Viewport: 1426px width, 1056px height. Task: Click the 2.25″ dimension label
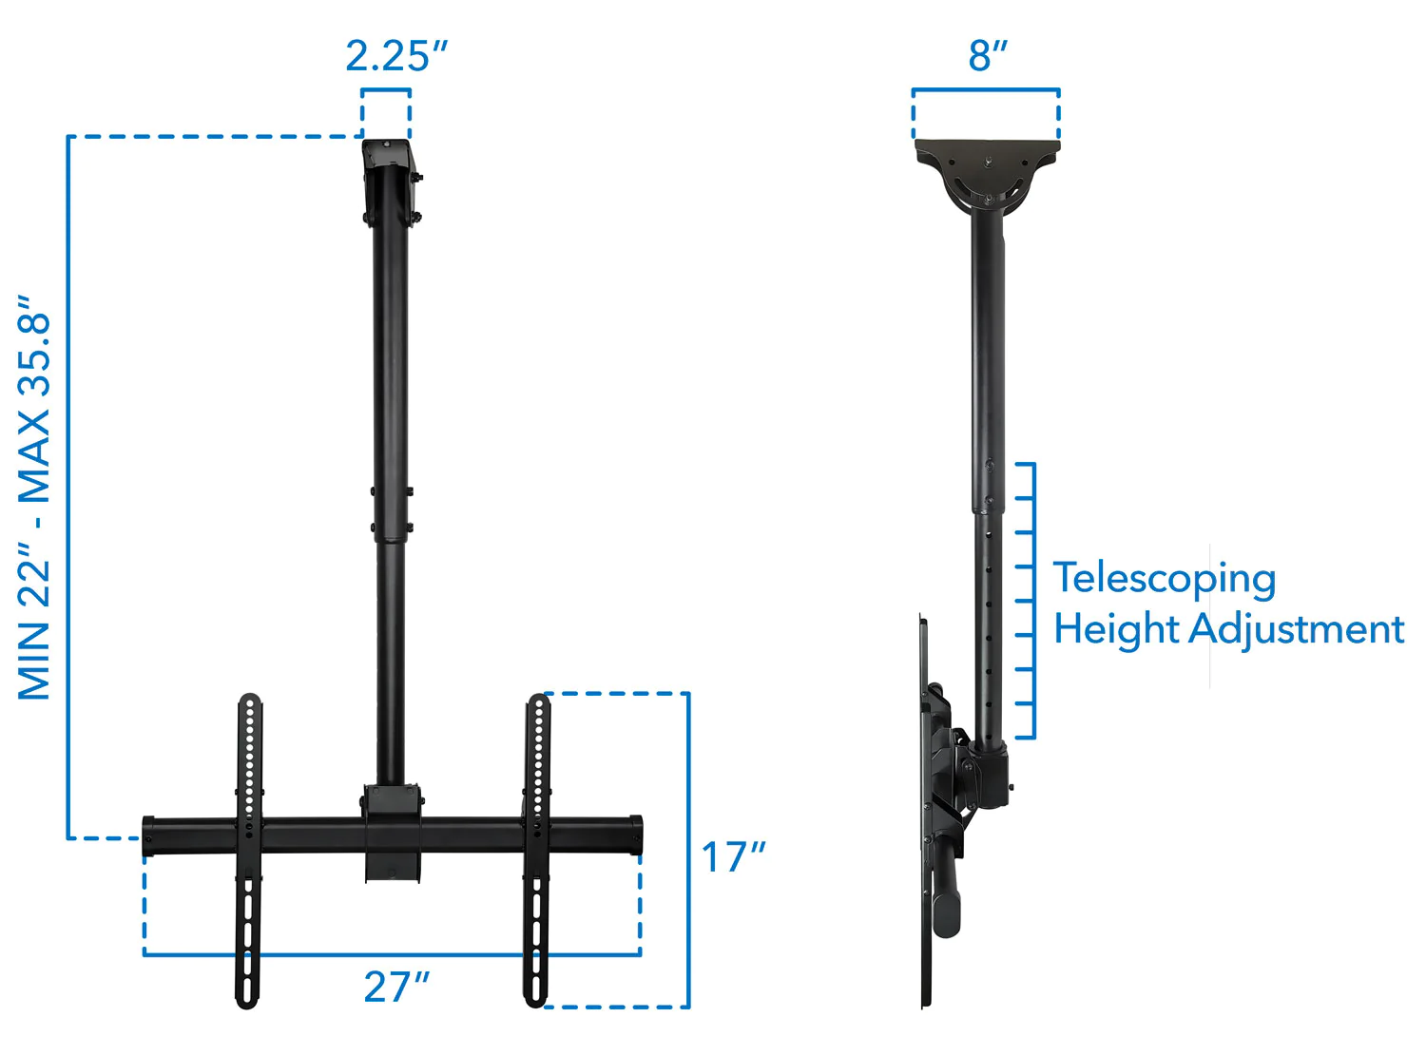click(395, 56)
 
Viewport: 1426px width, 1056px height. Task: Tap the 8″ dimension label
click(988, 56)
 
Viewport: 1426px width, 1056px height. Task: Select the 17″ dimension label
click(732, 857)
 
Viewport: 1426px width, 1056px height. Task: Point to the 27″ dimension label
click(396, 988)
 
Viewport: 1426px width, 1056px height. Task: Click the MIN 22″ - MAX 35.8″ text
click(34, 497)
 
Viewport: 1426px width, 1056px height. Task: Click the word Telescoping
click(1165, 578)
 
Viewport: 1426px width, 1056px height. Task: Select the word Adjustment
click(1297, 629)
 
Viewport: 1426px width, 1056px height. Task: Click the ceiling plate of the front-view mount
click(388, 181)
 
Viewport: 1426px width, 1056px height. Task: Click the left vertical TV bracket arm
click(248, 851)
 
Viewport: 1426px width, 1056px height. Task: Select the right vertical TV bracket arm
click(537, 851)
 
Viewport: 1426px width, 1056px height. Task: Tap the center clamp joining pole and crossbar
click(392, 832)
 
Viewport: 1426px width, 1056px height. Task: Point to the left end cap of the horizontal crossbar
click(149, 836)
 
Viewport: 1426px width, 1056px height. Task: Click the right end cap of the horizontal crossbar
click(635, 835)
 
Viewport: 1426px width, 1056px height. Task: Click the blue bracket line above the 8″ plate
click(986, 90)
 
